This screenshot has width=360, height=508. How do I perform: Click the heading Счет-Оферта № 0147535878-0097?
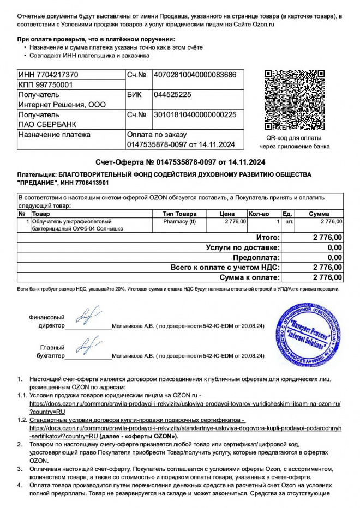(180, 162)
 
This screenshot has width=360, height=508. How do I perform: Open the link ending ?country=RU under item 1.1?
(47, 412)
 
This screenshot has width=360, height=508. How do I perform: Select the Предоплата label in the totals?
(256, 257)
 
